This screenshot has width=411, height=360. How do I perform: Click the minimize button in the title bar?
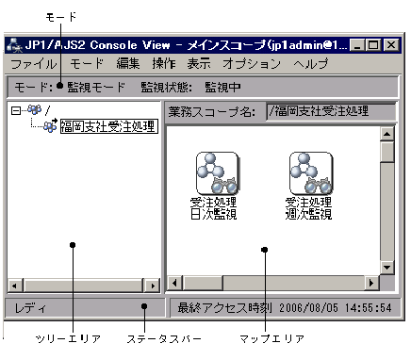(360, 44)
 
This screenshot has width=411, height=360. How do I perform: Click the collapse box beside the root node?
(14, 110)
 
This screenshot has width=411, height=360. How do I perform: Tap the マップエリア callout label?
(266, 340)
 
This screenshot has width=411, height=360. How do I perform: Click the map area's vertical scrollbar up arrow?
(386, 134)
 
